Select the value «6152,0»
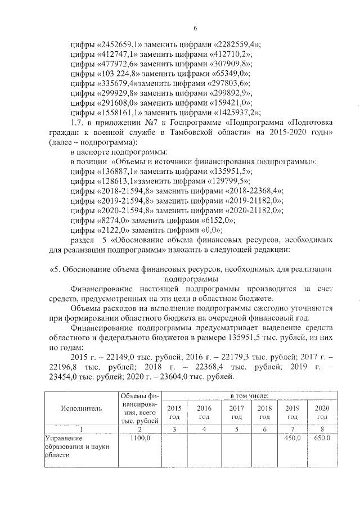pyautogui.click(x=217, y=222)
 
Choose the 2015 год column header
pyautogui.click(x=175, y=412)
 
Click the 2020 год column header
pyautogui.click(x=322, y=412)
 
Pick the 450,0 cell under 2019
pyautogui.click(x=292, y=438)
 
